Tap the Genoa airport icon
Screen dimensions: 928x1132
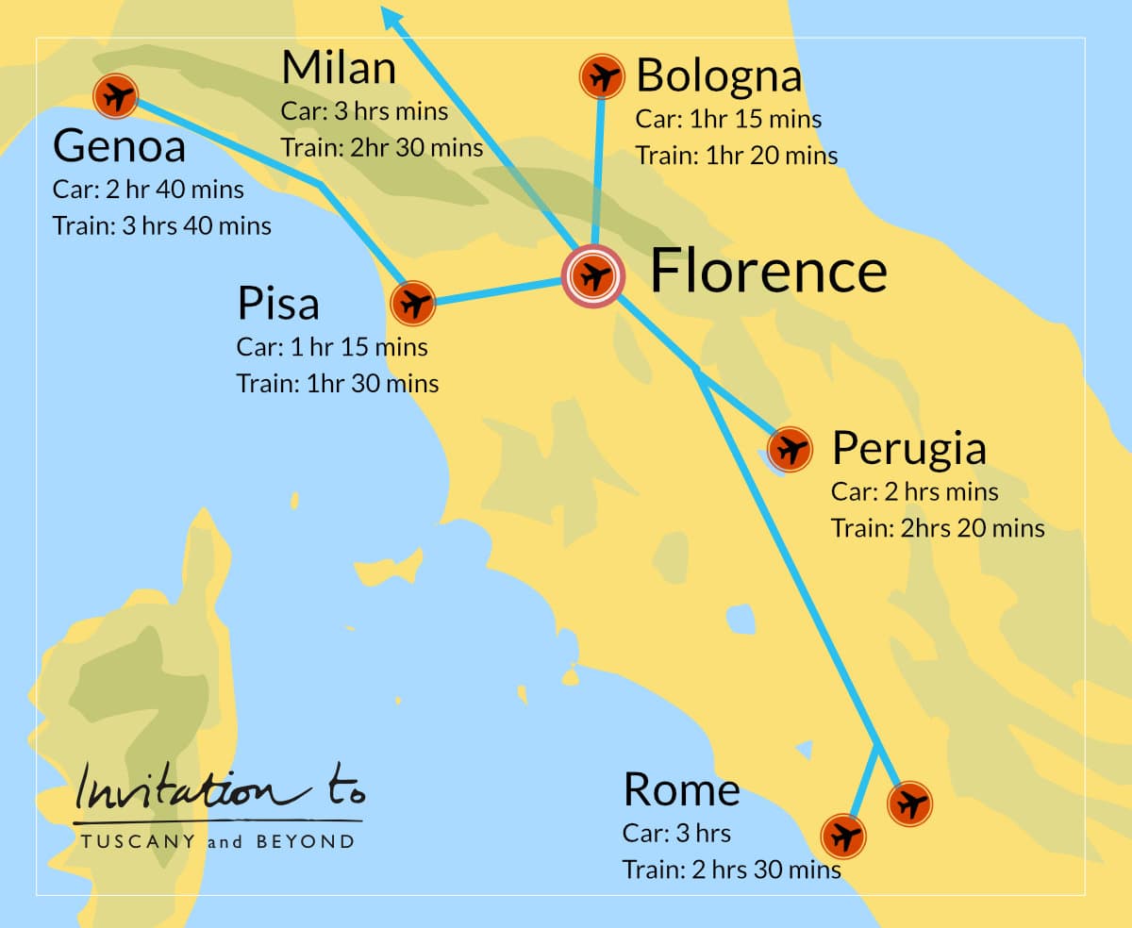coord(116,95)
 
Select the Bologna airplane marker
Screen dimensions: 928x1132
coord(602,76)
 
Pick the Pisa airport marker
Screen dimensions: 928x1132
coord(412,304)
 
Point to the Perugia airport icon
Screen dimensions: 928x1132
coord(791,450)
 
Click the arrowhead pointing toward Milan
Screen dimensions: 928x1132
coord(388,13)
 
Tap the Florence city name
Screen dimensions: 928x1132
coord(768,271)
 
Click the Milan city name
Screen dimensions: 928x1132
coord(339,69)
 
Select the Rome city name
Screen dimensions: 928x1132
coord(681,790)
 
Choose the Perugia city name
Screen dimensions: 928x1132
coord(908,449)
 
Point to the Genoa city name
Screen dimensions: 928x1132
coord(119,147)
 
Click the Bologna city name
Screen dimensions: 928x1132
coord(719,76)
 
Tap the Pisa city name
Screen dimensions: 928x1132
coord(278,304)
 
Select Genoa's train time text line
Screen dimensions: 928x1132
coord(162,226)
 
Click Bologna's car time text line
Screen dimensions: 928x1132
coord(728,120)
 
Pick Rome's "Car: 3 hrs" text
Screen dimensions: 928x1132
coord(676,834)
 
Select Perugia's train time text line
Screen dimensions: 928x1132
coord(938,528)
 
